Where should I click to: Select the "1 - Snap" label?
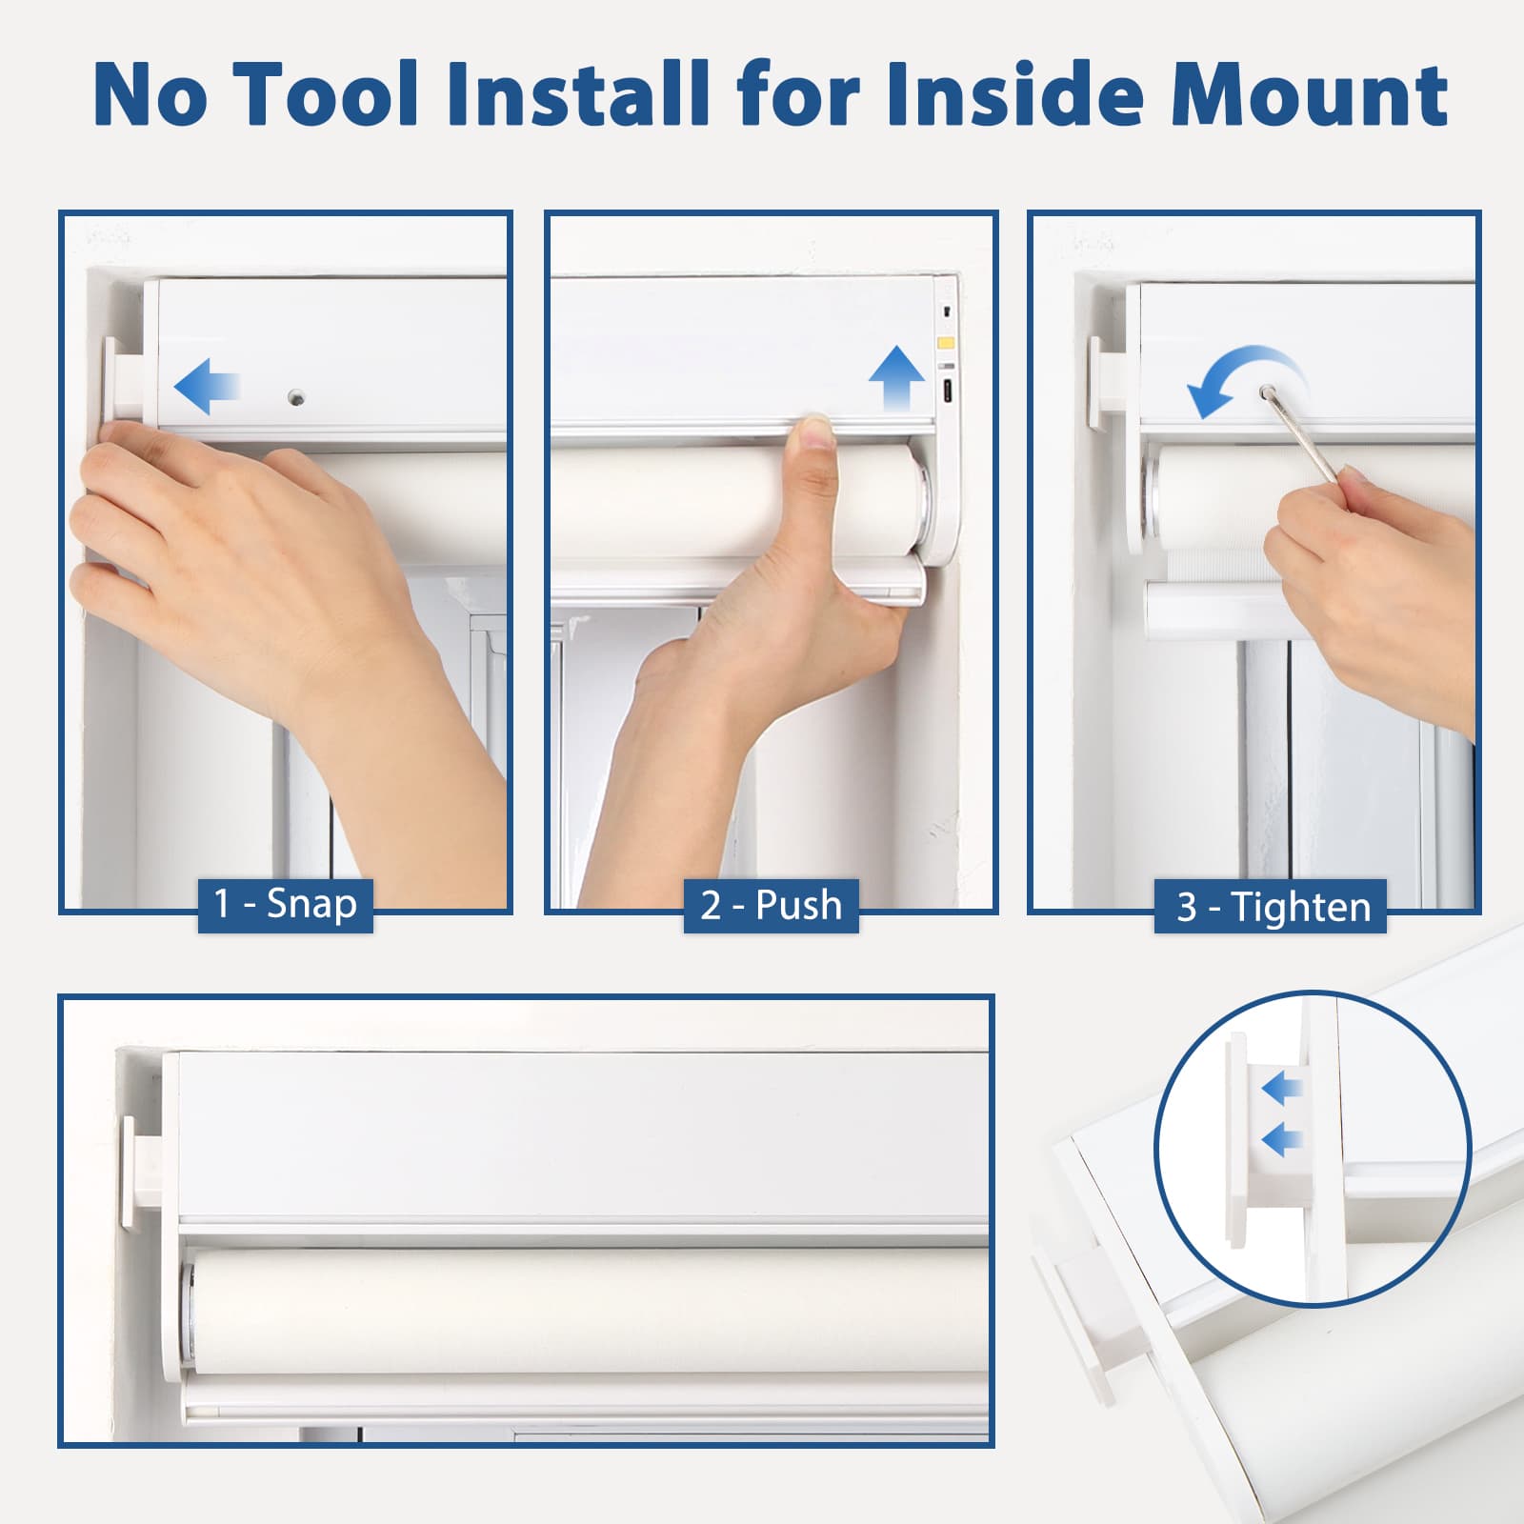(285, 904)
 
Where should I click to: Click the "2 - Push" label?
(771, 905)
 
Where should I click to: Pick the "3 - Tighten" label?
(1272, 906)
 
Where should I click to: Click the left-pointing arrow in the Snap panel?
(206, 386)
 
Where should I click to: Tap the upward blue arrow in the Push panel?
(896, 378)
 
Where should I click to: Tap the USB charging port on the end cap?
(948, 391)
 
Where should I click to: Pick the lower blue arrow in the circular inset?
(1282, 1138)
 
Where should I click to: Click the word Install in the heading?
(577, 93)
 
